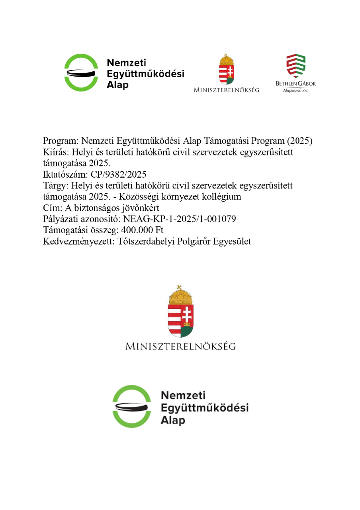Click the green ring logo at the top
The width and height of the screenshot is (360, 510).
click(x=81, y=73)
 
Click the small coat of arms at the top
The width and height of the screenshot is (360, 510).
click(x=227, y=69)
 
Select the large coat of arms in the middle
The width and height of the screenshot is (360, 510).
click(x=180, y=312)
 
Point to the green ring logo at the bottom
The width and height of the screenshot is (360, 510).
click(x=131, y=406)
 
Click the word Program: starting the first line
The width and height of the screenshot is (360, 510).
click(x=61, y=141)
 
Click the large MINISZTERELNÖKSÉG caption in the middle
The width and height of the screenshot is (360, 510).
click(x=180, y=346)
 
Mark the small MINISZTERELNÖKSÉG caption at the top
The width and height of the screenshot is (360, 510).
click(x=226, y=90)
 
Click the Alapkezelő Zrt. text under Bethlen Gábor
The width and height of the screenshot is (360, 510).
click(x=295, y=91)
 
